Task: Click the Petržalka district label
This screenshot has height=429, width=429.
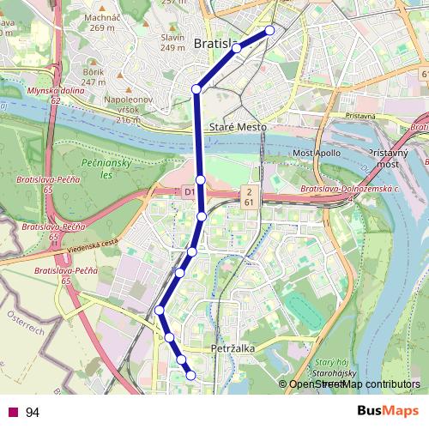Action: click(x=230, y=349)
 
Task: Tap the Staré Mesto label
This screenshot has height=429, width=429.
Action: click(x=241, y=127)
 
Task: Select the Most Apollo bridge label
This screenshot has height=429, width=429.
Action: click(x=317, y=154)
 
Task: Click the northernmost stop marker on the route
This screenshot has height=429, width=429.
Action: click(x=270, y=30)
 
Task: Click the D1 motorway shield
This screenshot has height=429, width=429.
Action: click(x=189, y=194)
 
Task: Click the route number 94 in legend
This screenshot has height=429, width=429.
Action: click(x=33, y=413)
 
